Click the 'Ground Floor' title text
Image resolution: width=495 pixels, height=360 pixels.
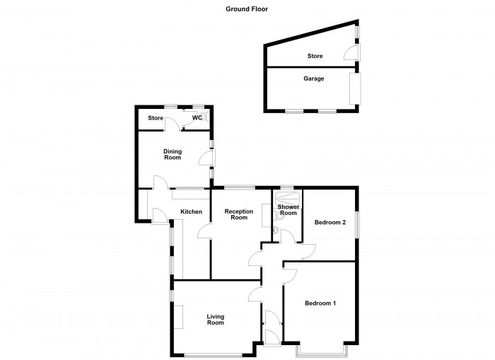[x=247, y=9]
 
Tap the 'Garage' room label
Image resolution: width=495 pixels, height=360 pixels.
[x=314, y=79]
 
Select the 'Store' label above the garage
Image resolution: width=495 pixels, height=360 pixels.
[x=315, y=56]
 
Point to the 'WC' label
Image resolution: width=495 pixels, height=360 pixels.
[x=199, y=118]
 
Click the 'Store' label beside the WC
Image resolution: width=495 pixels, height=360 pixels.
[x=156, y=118]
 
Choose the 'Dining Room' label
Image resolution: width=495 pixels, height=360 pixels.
[x=173, y=153]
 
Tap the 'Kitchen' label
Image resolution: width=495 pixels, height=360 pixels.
[x=191, y=211]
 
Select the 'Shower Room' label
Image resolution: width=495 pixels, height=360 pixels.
[x=288, y=210]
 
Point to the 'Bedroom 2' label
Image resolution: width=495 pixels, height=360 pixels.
[x=330, y=222]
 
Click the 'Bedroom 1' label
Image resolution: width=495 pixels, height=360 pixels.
[x=320, y=303]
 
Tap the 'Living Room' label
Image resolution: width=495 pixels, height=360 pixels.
[x=215, y=320]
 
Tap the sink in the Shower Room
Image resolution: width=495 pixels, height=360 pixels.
[x=275, y=230]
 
